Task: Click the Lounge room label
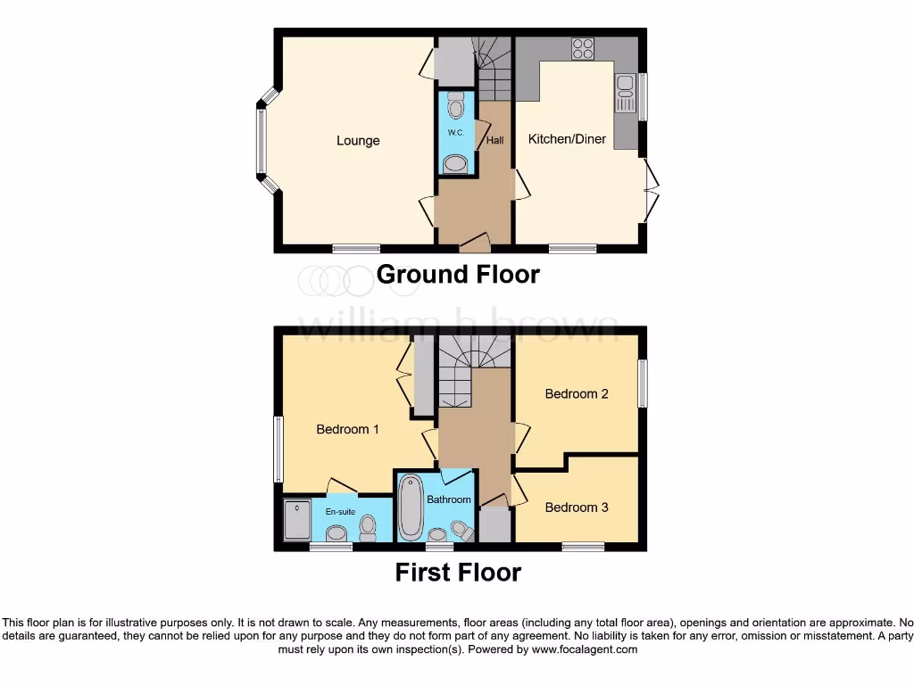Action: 358,140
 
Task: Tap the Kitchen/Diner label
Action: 567,139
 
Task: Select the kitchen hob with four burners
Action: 584,49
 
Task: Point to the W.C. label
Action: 455,133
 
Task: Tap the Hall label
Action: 494,140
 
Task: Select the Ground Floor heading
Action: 458,274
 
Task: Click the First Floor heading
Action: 458,572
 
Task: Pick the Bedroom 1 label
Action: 348,429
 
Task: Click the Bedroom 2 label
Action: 577,393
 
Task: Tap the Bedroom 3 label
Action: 577,508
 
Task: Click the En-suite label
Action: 340,512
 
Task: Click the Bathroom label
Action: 448,499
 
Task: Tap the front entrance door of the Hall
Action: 473,241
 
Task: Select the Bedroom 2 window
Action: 641,384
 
